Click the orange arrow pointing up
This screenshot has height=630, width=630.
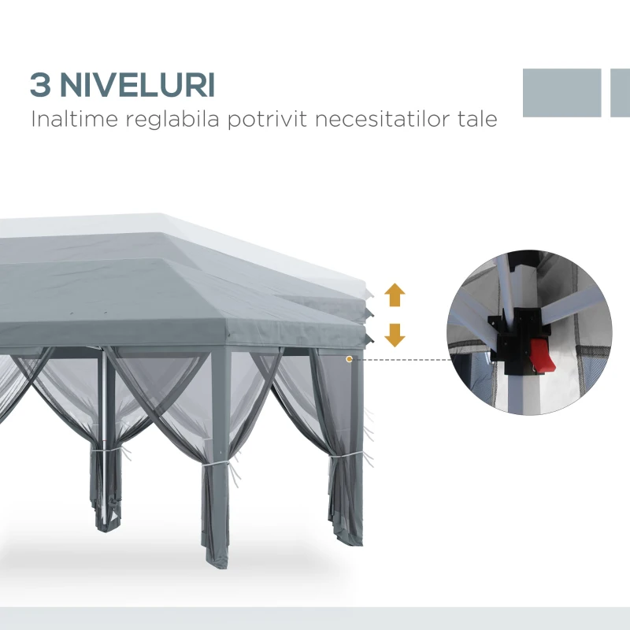[x=395, y=296]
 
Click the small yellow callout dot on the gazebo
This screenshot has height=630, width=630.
[x=349, y=359]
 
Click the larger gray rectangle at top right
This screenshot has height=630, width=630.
[x=561, y=92]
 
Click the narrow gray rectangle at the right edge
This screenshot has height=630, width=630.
[x=621, y=92]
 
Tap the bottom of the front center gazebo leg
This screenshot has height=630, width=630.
[x=217, y=558]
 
